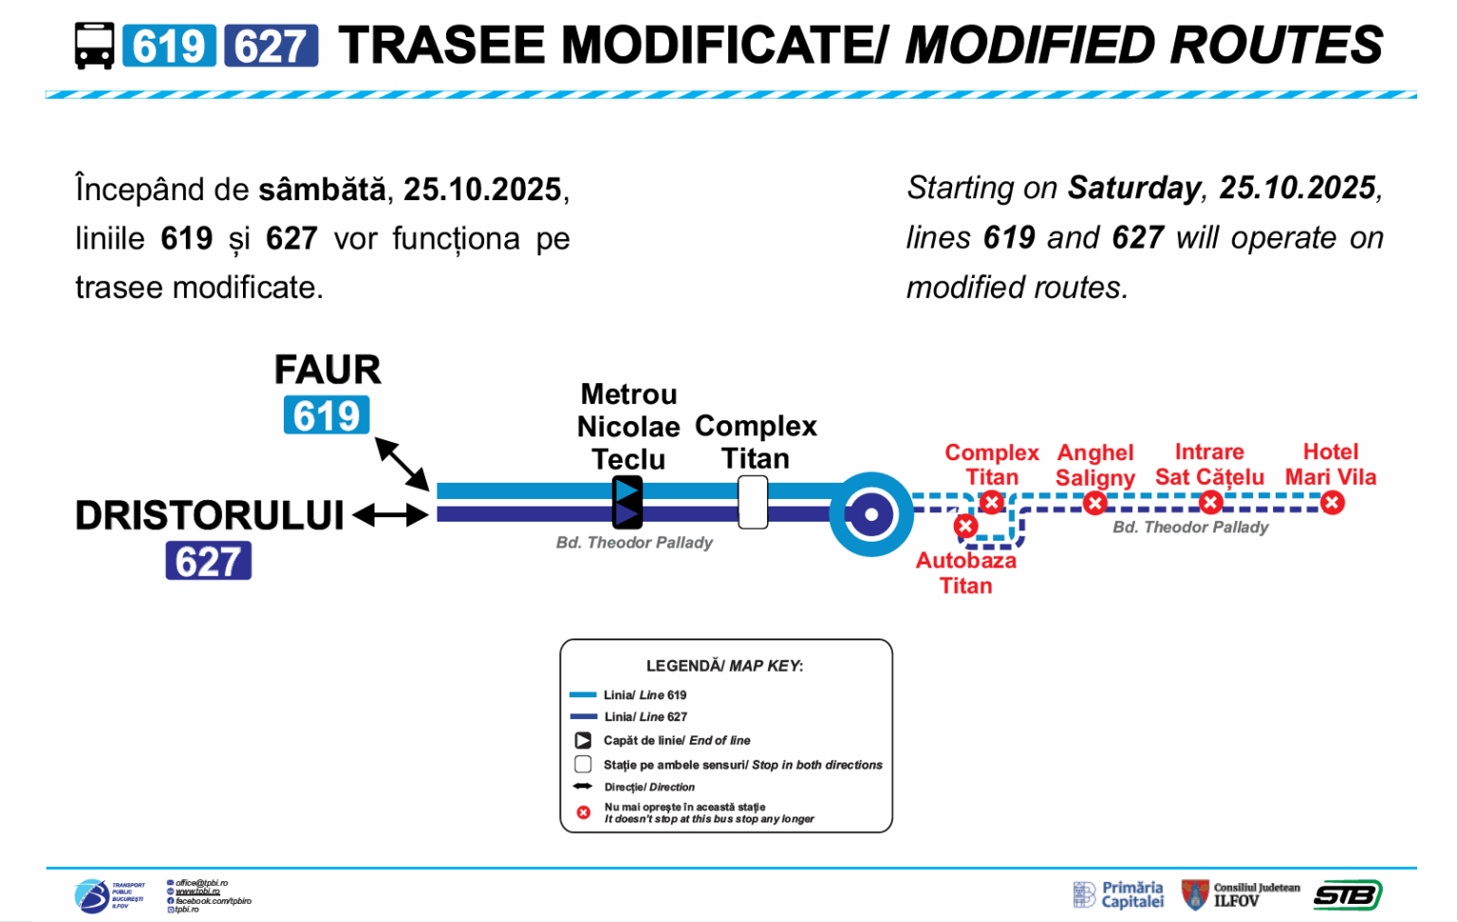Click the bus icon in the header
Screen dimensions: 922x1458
[x=94, y=46]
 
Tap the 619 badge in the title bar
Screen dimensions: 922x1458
[x=169, y=46]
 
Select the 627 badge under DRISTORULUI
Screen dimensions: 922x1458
[x=208, y=561]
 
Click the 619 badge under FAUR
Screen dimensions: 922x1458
[x=327, y=415]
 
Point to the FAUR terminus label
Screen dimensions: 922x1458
[x=327, y=369]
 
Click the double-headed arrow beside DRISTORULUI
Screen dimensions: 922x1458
[x=390, y=516]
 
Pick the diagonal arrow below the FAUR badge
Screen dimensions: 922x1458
[x=402, y=464]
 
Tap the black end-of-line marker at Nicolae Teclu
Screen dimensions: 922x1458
[x=626, y=502]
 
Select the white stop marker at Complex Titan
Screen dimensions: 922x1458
[x=753, y=502]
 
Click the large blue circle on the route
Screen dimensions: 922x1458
[x=870, y=514]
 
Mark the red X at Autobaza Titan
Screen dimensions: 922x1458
[x=965, y=526]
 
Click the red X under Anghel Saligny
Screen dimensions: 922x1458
[x=1094, y=504]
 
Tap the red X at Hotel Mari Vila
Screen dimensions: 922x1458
[x=1332, y=503]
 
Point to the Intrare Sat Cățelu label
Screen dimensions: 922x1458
[x=1209, y=464]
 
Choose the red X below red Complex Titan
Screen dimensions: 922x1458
[x=992, y=502]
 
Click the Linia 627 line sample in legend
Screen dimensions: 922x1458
[x=583, y=717]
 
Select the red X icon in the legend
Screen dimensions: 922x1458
[x=584, y=813]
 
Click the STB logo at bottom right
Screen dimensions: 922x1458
[x=1348, y=894]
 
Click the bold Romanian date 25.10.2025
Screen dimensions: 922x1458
[x=482, y=189]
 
